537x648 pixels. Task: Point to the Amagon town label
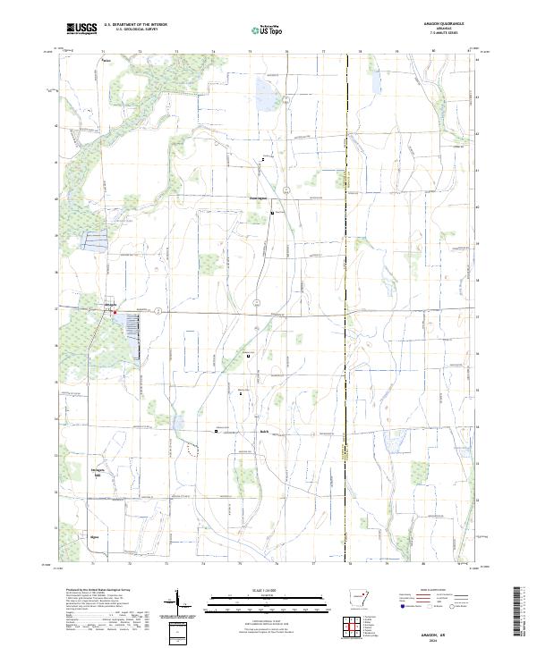click(x=111, y=306)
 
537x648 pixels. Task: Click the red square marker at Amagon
click(x=115, y=312)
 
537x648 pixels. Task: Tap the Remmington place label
click(x=260, y=198)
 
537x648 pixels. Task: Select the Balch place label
click(x=265, y=433)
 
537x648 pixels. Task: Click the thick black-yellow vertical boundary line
click(x=346, y=268)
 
